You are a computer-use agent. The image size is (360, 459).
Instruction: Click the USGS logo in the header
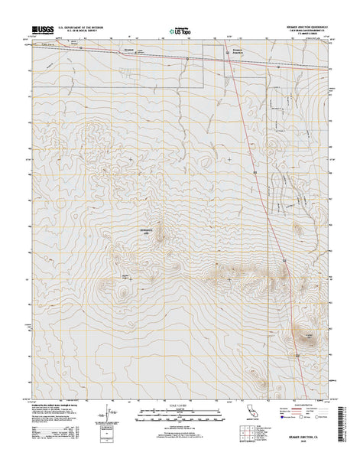click(x=42, y=31)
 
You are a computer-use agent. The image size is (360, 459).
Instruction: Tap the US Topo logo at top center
click(x=180, y=31)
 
